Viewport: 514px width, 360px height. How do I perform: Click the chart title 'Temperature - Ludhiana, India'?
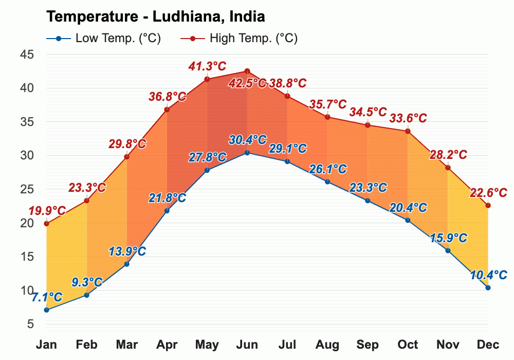pyautogui.click(x=155, y=16)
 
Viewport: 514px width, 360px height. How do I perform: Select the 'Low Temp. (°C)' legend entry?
pyautogui.click(x=103, y=39)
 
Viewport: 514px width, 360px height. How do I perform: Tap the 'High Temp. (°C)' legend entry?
pyautogui.click(x=240, y=39)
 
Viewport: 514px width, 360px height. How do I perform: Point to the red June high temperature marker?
pyautogui.click(x=247, y=71)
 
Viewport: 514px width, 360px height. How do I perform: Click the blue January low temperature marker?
pyautogui.click(x=47, y=310)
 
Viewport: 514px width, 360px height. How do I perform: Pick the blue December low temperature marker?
pyautogui.click(x=488, y=287)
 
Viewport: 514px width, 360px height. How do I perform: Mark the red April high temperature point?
pyautogui.click(x=167, y=110)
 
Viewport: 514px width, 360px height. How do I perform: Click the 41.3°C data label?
pyautogui.click(x=207, y=66)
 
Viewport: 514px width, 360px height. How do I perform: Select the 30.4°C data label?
pyautogui.click(x=248, y=139)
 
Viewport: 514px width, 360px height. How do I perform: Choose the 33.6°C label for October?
pyautogui.click(x=408, y=118)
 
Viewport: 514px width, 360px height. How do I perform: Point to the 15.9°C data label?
pyautogui.click(x=448, y=238)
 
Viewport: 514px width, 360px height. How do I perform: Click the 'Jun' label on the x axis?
pyautogui.click(x=247, y=345)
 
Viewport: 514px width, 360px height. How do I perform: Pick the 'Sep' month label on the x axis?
pyautogui.click(x=368, y=345)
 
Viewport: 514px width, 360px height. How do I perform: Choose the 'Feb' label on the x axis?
pyautogui.click(x=87, y=345)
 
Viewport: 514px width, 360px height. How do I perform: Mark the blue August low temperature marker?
pyautogui.click(x=327, y=182)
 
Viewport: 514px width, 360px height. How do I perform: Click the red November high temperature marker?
pyautogui.click(x=448, y=168)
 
